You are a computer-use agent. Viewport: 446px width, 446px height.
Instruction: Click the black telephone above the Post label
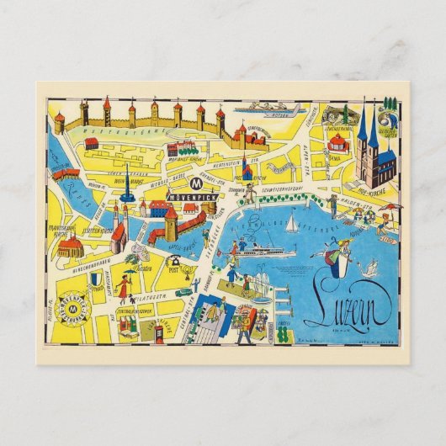pyautogui.click(x=177, y=260)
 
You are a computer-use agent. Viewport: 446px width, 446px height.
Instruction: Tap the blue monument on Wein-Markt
pyautogui.click(x=127, y=190)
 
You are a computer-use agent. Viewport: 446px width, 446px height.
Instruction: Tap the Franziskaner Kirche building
pyautogui.click(x=71, y=246)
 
